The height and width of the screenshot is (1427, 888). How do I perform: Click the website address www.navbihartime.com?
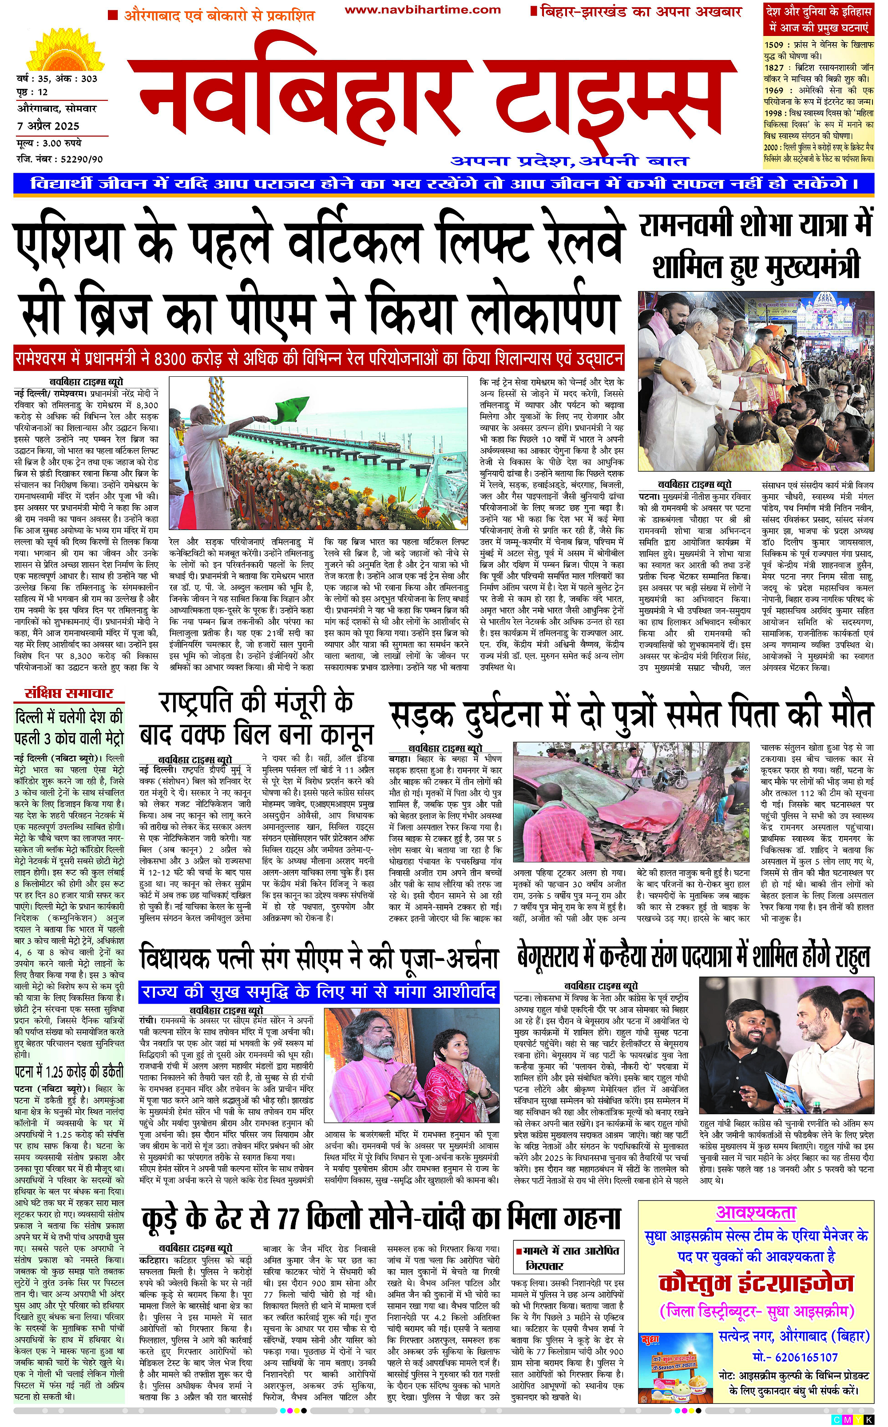pos(422,10)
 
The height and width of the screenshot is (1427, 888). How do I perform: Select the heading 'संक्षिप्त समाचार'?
pos(69,693)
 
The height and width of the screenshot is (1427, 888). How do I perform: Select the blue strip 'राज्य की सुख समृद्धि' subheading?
pos(319,992)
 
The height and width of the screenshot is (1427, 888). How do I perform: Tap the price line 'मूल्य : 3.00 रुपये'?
pos(49,143)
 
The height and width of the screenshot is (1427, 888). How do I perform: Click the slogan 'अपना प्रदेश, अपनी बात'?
pos(569,161)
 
